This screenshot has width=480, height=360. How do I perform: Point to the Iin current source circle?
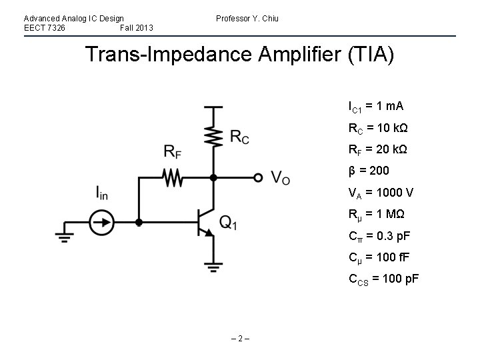click(102, 222)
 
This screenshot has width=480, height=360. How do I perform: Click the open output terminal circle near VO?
click(258, 177)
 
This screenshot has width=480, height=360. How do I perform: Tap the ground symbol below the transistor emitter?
click(213, 268)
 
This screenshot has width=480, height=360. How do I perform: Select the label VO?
click(280, 178)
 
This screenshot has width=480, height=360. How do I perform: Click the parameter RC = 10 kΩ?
click(377, 128)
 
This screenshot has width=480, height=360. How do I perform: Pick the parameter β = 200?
click(369, 171)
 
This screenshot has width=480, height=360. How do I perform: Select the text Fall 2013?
click(137, 27)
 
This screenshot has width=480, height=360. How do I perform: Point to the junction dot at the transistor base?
click(139, 222)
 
